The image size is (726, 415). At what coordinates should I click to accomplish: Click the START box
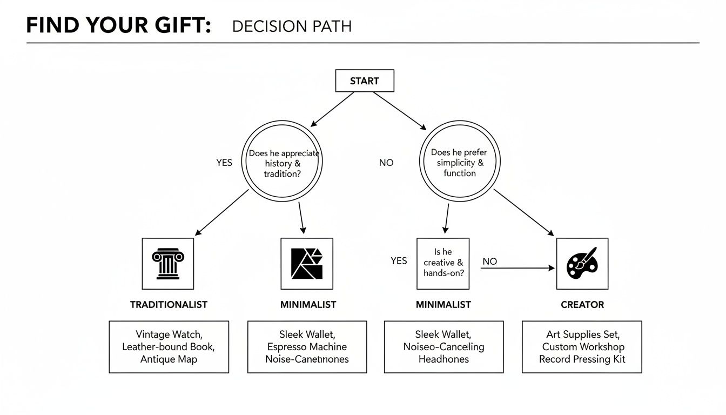[365, 81]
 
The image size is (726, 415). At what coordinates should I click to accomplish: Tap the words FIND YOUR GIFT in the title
[118, 26]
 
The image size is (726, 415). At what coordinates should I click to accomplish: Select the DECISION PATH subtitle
[292, 26]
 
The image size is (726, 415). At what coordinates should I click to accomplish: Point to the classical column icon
[167, 264]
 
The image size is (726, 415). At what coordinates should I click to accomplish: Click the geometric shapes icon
[307, 264]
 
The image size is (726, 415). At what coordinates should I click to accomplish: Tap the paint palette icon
[582, 264]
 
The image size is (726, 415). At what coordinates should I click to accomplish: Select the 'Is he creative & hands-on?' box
[443, 263]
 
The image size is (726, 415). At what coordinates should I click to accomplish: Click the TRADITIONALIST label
[169, 305]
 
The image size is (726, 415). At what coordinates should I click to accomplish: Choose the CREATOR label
[582, 305]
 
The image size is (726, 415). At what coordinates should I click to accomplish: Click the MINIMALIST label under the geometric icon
[308, 305]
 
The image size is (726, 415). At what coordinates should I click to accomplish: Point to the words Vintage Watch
[169, 334]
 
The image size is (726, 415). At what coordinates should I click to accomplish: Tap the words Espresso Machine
[307, 347]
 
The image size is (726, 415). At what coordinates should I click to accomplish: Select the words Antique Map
[169, 359]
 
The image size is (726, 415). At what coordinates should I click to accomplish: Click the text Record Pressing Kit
[582, 359]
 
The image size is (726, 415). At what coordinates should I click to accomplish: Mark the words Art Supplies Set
[582, 334]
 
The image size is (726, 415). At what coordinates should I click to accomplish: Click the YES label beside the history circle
[224, 163]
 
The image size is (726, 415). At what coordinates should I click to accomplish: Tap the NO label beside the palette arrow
[489, 262]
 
